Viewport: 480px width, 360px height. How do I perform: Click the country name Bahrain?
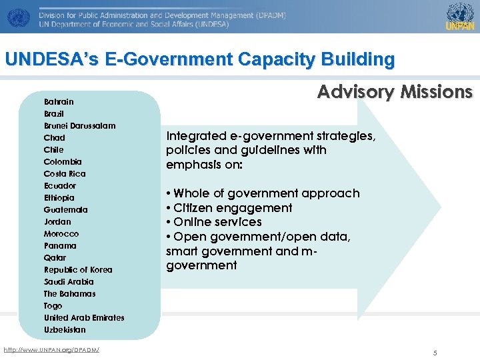coord(59,102)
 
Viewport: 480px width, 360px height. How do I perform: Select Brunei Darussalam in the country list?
coord(79,126)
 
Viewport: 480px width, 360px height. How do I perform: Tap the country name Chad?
coord(55,138)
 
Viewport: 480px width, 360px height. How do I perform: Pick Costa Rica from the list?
coord(65,174)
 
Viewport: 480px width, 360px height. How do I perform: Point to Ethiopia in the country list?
coord(59,198)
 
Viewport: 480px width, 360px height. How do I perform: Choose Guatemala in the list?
coord(65,210)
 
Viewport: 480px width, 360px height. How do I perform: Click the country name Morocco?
coord(61,234)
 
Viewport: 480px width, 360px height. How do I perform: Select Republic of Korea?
coord(78,270)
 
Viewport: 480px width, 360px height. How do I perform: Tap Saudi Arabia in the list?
coord(69,282)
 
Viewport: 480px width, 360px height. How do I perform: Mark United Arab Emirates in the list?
coord(84,318)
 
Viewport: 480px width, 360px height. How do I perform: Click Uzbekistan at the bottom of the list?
coord(65,330)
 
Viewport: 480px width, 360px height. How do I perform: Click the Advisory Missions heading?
coord(395,92)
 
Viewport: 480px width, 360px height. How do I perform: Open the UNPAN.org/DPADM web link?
coord(51,350)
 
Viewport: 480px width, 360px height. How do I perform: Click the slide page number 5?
coord(435,353)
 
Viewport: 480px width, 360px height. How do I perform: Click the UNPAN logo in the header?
coord(460,17)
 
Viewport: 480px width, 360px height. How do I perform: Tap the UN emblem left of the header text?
coord(19,17)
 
